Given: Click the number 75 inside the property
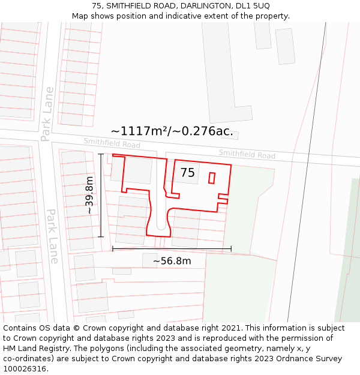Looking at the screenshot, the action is (x=188, y=173).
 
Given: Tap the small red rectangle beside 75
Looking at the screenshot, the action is (x=211, y=178).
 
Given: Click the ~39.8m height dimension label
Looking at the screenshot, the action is (x=89, y=195).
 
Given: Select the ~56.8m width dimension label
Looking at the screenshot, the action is (x=172, y=261).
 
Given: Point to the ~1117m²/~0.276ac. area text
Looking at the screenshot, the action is (x=172, y=131).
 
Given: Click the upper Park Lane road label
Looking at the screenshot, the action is (x=47, y=114).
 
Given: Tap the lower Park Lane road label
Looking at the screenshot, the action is (x=53, y=236).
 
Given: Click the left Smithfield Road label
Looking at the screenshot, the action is (x=112, y=143).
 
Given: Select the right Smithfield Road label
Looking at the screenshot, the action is (x=247, y=154).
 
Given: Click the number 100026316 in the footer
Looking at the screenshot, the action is (x=25, y=368).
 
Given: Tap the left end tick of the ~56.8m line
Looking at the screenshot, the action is (x=113, y=248).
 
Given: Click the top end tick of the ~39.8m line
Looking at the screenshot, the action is (x=101, y=154).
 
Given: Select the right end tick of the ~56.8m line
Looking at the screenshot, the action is (x=231, y=248).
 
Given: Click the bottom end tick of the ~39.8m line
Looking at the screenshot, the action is (x=101, y=236).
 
